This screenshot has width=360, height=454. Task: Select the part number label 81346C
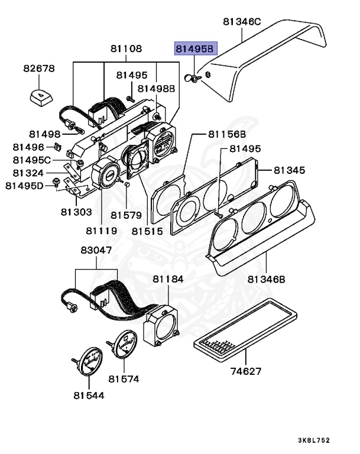[242, 22]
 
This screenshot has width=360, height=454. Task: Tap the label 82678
[39, 69]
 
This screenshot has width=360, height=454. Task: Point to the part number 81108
[126, 48]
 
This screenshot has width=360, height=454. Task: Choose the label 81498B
[157, 89]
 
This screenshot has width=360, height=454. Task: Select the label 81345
[289, 170]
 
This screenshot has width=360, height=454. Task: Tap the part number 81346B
[267, 279]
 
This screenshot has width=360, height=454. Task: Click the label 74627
[246, 372]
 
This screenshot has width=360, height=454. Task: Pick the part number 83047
[96, 251]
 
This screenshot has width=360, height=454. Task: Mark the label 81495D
[25, 186]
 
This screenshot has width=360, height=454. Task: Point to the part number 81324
[28, 173]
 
